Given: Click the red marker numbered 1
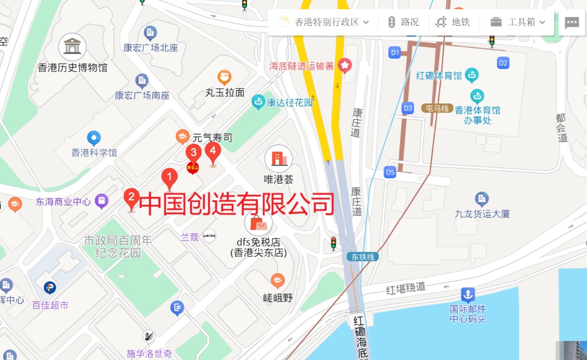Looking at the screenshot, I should pos(170,178).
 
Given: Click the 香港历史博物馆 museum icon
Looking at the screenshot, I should pos(72,47).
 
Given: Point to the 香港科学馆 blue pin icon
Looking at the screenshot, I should pos(93,138).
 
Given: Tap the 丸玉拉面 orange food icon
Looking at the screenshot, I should pos(224,78).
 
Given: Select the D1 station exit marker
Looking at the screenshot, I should pos(395,52).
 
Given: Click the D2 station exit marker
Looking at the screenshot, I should pos(503,63).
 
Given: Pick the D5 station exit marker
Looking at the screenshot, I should pos(390,173).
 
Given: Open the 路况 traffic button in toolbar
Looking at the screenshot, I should pos(404,22).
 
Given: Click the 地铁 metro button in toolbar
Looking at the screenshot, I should pos(453,22).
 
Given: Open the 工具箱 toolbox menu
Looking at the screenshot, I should pos(517,22).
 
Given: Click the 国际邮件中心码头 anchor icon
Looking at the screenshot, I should pos(468,295).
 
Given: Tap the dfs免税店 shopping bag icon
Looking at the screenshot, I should pos(259,224).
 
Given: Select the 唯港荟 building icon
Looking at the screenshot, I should pos(278,159).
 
